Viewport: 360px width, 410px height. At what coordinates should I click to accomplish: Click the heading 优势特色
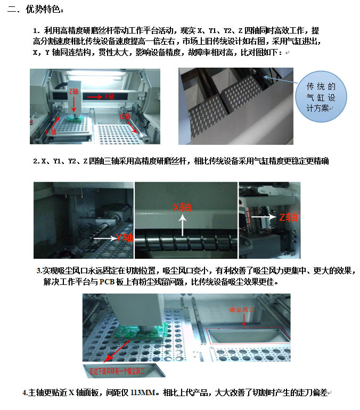[x=44, y=10]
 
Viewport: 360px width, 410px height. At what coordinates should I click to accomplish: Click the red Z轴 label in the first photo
[x=73, y=91]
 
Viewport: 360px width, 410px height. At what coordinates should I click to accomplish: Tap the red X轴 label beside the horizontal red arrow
[x=109, y=97]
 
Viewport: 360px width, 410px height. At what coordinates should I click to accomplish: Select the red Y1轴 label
[x=51, y=132]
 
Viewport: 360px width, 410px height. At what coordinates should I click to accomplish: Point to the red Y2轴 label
[x=125, y=116]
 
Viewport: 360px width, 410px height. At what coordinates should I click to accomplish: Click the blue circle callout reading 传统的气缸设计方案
[x=321, y=97]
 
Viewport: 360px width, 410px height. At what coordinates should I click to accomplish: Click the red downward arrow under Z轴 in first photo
[x=74, y=104]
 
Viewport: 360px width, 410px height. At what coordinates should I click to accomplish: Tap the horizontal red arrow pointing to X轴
[x=94, y=97]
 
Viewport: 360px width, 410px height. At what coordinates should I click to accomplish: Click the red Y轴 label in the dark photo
[x=125, y=238]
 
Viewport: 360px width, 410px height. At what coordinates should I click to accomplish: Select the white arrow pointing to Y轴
[x=105, y=238]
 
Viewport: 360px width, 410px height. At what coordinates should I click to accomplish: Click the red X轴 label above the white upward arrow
[x=182, y=208]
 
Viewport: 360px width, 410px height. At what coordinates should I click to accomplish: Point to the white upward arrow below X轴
[x=183, y=225]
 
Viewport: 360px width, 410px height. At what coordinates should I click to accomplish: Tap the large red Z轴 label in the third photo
[x=288, y=217]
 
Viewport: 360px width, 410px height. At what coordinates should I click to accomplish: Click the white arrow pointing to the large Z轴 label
[x=264, y=217]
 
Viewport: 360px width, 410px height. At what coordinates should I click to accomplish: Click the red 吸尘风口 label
[x=242, y=310]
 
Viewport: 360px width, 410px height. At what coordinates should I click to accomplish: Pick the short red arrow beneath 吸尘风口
[x=244, y=319]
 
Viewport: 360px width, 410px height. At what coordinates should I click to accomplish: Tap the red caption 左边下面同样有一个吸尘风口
[x=117, y=371]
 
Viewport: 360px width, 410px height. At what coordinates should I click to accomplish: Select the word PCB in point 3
[x=107, y=282]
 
